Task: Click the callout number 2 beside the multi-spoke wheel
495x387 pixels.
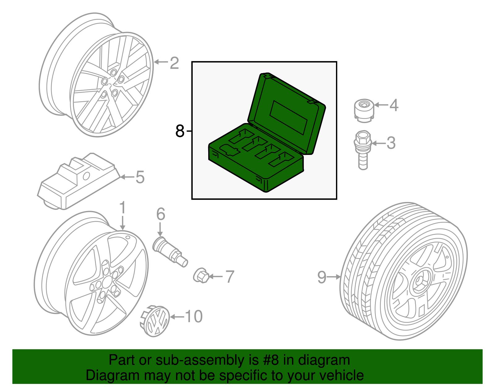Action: (x=174, y=63)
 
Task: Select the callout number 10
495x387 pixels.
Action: (x=194, y=316)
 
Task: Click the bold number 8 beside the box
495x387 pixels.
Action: (x=180, y=131)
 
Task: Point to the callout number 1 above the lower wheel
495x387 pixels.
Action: (x=123, y=208)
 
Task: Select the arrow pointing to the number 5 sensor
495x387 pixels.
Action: (x=127, y=177)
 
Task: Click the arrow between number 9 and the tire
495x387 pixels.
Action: (x=334, y=277)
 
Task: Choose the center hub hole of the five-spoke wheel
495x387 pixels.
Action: (x=107, y=282)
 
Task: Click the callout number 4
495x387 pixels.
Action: (x=394, y=105)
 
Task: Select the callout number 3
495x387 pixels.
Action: (x=391, y=143)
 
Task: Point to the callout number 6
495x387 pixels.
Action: (x=161, y=214)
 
